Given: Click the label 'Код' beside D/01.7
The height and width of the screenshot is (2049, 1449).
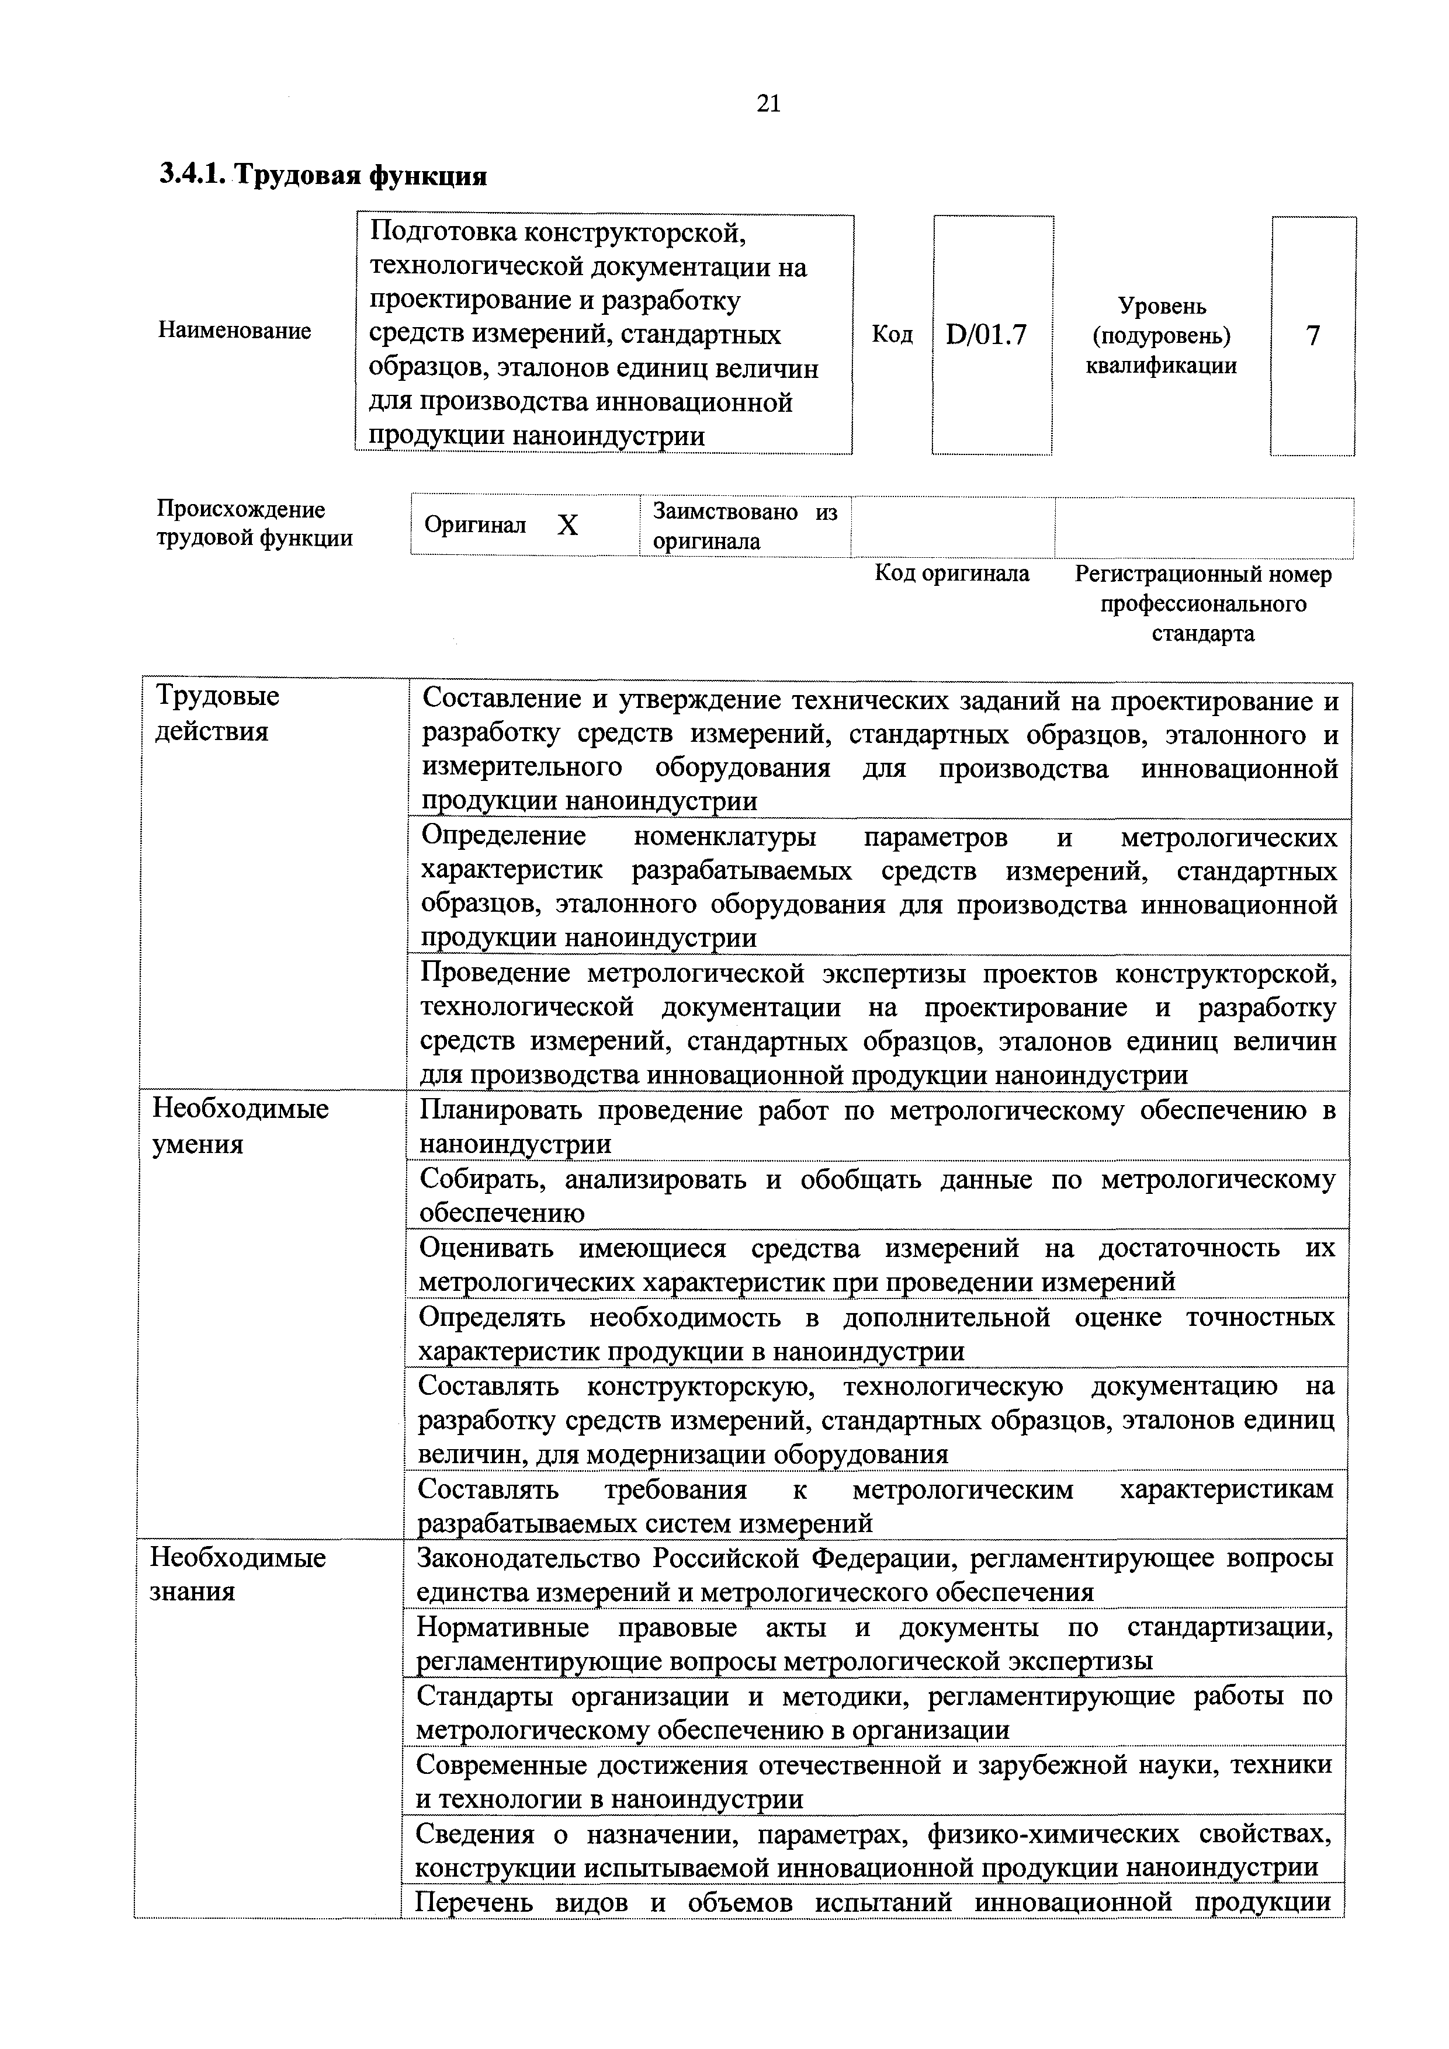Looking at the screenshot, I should pos(892,335).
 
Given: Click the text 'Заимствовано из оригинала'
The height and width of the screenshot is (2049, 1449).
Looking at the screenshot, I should pos(744,526).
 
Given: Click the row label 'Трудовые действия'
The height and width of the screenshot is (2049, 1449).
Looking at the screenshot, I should pos(217,713).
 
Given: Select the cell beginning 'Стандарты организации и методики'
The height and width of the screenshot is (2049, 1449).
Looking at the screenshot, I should pos(873,1711).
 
